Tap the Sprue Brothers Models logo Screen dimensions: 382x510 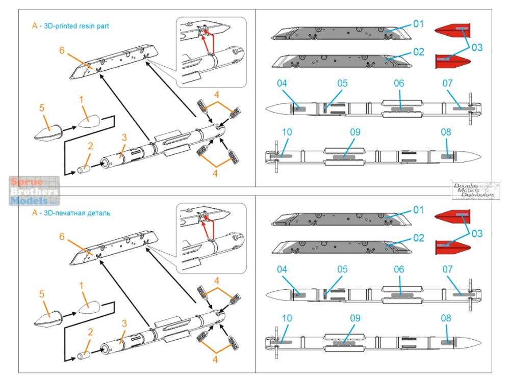(34, 190)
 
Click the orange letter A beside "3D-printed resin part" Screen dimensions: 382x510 (34, 25)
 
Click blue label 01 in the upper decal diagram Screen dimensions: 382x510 (418, 24)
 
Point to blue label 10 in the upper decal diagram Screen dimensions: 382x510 (287, 132)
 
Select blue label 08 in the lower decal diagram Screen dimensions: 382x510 (446, 318)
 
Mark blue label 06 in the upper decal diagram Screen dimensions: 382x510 (399, 83)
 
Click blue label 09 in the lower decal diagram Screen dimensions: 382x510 (355, 318)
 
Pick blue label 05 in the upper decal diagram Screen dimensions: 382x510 (342, 83)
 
